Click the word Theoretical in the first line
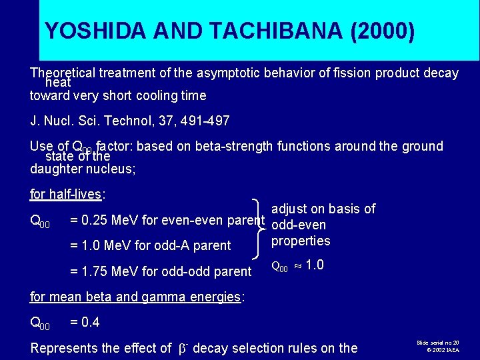(x=64, y=73)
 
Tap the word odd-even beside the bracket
(x=299, y=225)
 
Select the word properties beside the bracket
(x=301, y=241)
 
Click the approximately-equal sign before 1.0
(x=297, y=266)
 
